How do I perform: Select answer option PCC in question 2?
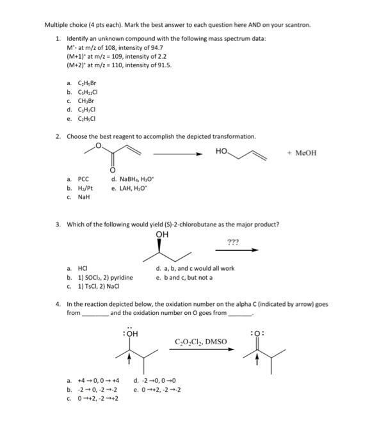coord(83,179)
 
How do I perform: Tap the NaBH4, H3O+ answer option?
coord(131,179)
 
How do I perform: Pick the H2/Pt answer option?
coord(85,188)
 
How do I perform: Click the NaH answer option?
coord(84,197)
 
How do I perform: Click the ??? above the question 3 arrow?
coord(233,241)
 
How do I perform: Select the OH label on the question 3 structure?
coord(163,234)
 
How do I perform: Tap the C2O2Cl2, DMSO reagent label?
coord(200,342)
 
